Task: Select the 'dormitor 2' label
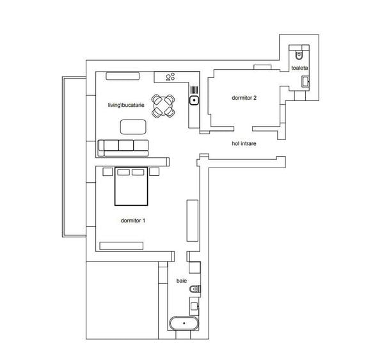(x=244, y=98)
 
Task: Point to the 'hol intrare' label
(x=244, y=144)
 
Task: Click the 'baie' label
(x=182, y=281)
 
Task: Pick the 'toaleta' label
(x=299, y=67)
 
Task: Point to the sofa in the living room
(x=124, y=147)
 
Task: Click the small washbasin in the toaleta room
(x=305, y=81)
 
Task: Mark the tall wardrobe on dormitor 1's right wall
(x=191, y=220)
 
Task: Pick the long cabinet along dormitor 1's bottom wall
(x=122, y=244)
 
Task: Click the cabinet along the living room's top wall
(x=123, y=75)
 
